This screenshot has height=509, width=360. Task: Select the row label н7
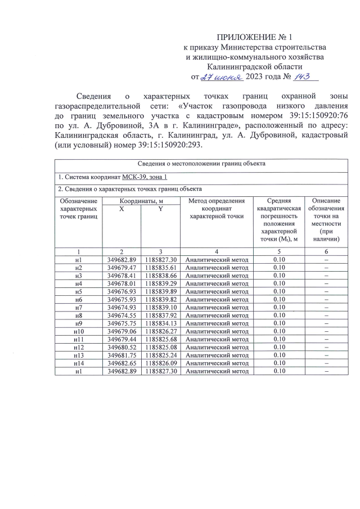(78, 308)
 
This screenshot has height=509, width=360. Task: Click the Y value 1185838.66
(160, 276)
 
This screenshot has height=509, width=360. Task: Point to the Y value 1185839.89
(160, 292)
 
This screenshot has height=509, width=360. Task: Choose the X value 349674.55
(121, 316)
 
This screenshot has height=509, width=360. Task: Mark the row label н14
(78, 363)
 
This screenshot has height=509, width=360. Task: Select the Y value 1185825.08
(160, 347)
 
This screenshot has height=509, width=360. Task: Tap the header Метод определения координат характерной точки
(217, 208)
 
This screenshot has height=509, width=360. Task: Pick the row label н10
(78, 331)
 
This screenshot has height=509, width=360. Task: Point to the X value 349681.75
(121, 355)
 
